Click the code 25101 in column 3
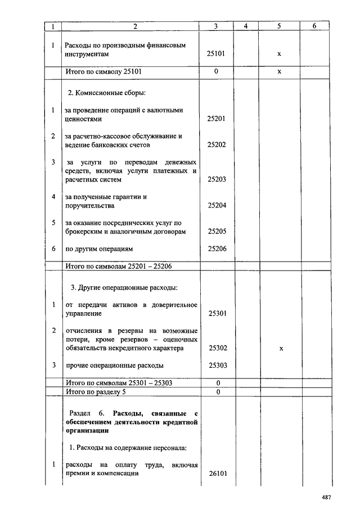(216, 55)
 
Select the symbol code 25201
(216, 119)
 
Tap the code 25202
(216, 145)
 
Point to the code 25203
(216, 180)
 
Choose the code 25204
(216, 206)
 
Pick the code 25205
(216, 231)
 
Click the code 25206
(216, 248)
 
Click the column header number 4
(246, 26)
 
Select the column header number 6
(314, 26)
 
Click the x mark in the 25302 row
(281, 349)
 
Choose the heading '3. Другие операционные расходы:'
(124, 287)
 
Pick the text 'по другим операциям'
(97, 248)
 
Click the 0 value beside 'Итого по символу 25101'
(216, 72)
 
